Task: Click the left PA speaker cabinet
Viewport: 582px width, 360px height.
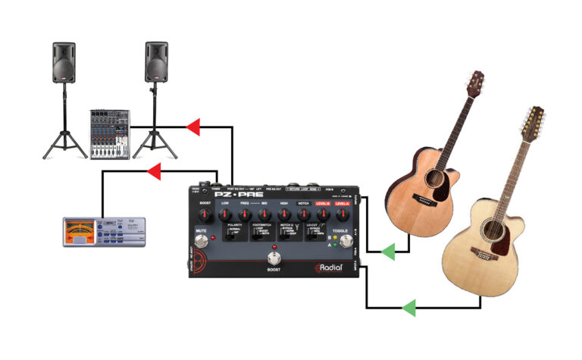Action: click(x=64, y=62)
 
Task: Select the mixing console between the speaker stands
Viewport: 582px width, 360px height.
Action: click(x=110, y=133)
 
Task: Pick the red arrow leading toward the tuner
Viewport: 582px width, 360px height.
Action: click(x=155, y=173)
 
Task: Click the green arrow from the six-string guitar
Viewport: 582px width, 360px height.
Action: click(x=388, y=252)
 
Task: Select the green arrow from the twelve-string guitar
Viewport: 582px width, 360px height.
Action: click(x=409, y=307)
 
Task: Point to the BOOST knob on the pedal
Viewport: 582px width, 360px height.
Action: click(x=205, y=215)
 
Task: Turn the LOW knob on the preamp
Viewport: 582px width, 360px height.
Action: click(x=225, y=215)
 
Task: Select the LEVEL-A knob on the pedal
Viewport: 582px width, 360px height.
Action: click(x=343, y=215)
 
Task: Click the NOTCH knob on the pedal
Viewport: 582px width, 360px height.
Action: click(x=303, y=215)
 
